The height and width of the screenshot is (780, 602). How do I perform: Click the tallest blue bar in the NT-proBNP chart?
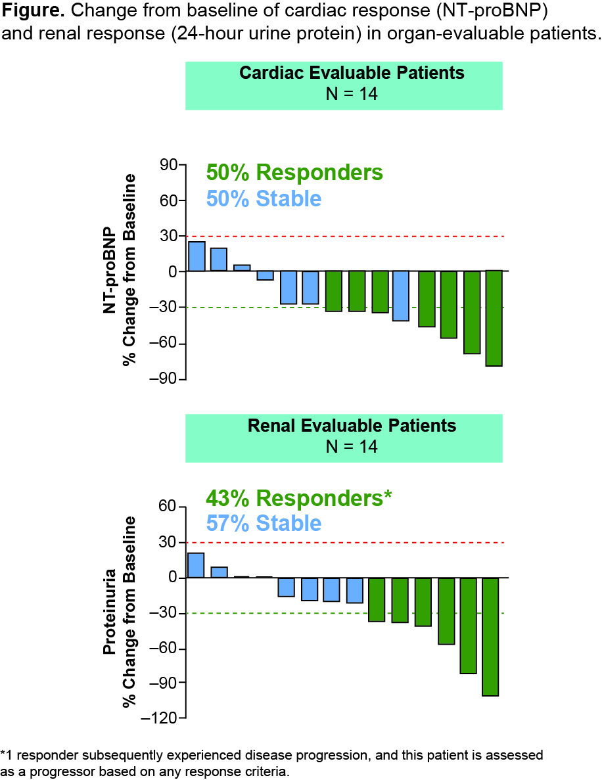point(197,256)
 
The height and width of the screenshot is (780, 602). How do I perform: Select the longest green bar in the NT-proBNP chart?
point(494,318)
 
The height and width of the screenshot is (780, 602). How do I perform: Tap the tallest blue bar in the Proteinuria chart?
point(196,565)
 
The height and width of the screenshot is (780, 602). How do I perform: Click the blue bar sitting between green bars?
point(401,296)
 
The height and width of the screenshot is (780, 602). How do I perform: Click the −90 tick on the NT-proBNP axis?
point(166,379)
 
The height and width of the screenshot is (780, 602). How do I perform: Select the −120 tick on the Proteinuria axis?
point(162,719)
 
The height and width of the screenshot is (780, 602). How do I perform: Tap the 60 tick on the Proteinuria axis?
point(170,507)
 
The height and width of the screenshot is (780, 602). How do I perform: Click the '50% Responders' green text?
point(294,172)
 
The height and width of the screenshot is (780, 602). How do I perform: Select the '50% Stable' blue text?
point(264,198)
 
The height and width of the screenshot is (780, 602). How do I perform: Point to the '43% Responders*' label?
point(299,498)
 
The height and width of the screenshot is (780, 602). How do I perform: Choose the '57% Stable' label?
point(264,523)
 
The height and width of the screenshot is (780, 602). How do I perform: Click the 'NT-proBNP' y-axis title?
point(110,271)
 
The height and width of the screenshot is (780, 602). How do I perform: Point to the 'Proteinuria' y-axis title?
point(110,611)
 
